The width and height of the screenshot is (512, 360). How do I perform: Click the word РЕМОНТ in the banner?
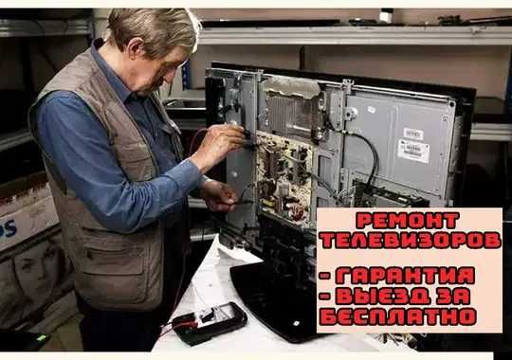(408, 221)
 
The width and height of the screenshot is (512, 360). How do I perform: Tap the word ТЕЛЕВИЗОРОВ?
(411, 241)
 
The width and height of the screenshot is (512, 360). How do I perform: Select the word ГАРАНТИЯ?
(405, 276)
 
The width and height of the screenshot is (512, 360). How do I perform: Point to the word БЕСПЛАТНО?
(398, 316)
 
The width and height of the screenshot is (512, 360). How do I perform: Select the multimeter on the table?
(210, 323)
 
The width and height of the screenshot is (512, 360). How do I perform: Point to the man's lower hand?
(219, 195)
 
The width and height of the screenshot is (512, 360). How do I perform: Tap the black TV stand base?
(278, 302)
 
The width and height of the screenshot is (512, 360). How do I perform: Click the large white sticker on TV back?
(413, 151)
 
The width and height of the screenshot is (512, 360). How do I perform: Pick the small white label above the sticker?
(413, 134)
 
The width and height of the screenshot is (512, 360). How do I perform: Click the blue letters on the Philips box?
(8, 229)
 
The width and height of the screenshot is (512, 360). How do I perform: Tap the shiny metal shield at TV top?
(292, 87)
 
